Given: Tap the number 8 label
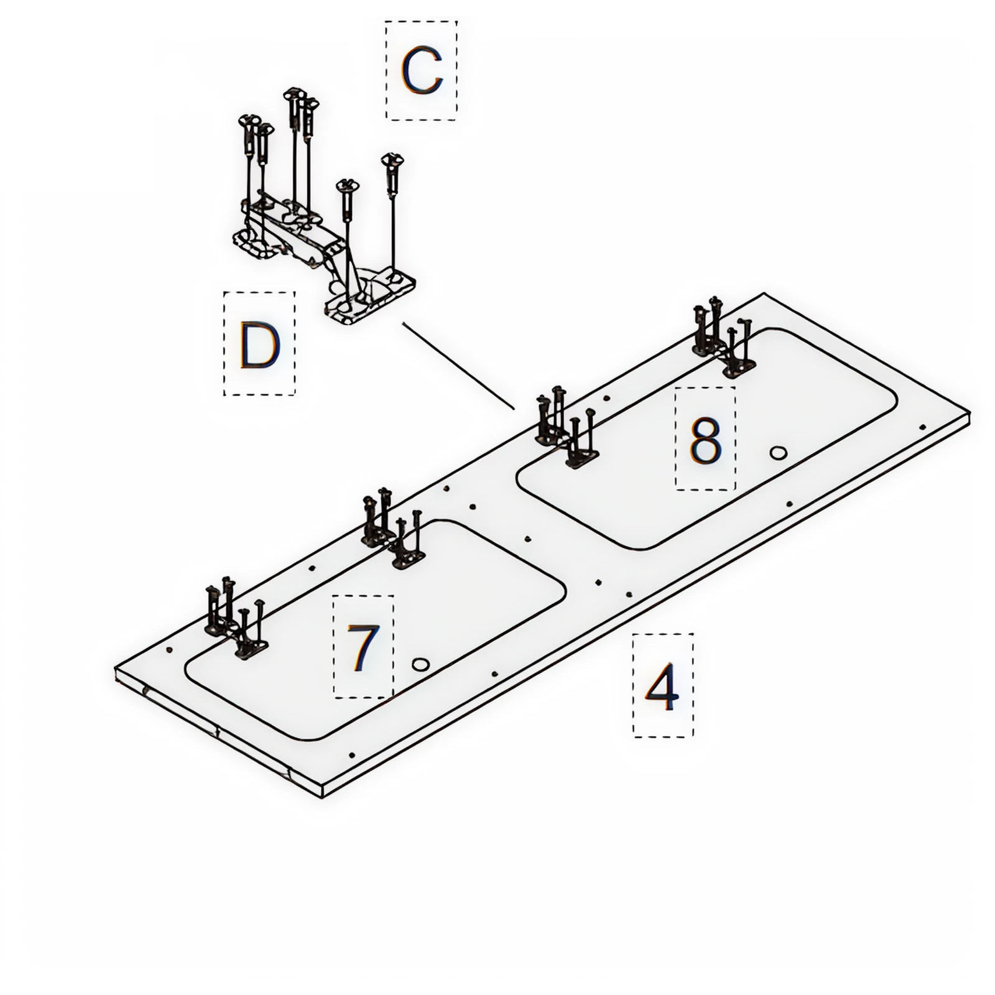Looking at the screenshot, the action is [705, 439].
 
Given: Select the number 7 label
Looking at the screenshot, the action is [363, 646].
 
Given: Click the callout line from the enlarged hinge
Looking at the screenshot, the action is [458, 366].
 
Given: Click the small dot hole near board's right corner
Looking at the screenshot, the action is [923, 427].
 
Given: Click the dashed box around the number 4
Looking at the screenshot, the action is [663, 685].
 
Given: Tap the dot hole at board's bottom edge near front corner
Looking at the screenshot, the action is [353, 754].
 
